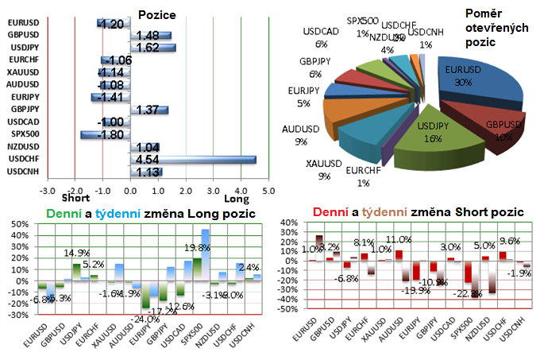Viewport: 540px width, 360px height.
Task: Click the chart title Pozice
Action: pos(156,15)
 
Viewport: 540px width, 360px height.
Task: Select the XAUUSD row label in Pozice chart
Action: pos(21,72)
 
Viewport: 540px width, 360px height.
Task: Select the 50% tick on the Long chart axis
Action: pos(15,225)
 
